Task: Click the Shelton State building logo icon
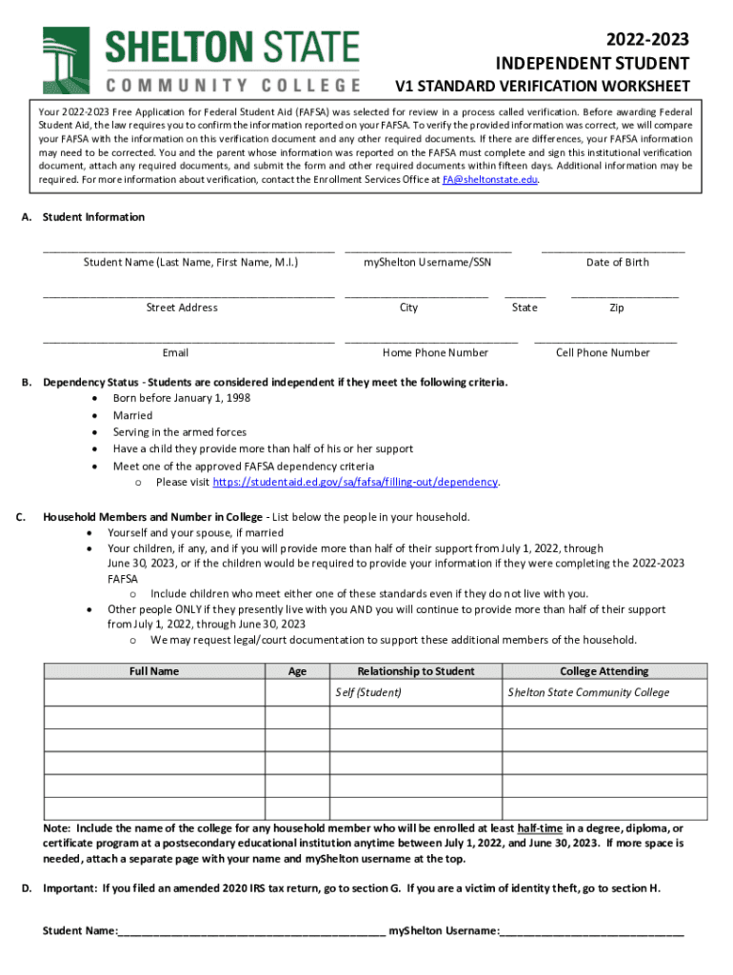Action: [x=66, y=59]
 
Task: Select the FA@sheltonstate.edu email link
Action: [x=490, y=179]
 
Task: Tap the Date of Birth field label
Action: [x=617, y=262]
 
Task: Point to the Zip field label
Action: [x=617, y=308]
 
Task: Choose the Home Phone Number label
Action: [x=435, y=352]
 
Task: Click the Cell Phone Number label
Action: [x=603, y=352]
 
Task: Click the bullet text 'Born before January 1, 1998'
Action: [x=182, y=398]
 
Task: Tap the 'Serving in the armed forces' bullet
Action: [x=179, y=431]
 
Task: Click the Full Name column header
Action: [x=154, y=671]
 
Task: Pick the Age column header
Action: [x=297, y=671]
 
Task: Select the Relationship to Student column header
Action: [x=416, y=671]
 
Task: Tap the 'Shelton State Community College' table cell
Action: [x=588, y=692]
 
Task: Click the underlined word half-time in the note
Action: [x=540, y=827]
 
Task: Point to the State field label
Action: [x=525, y=308]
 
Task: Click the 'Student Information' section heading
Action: [x=93, y=217]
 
